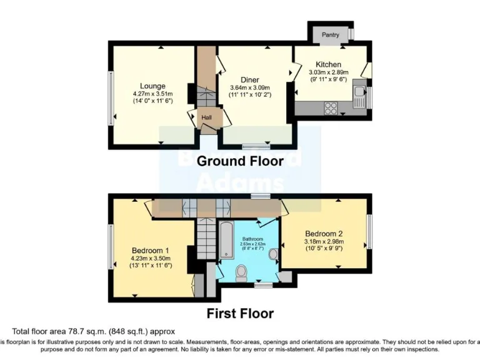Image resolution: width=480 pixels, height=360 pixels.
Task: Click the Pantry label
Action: (x=330, y=35)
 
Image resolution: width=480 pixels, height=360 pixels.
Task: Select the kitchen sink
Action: (x=359, y=96)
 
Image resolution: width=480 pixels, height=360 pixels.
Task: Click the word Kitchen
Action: (x=328, y=64)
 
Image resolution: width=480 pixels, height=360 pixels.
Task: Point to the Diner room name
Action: (x=250, y=79)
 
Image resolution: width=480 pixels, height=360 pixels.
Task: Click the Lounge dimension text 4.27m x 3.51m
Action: (x=152, y=93)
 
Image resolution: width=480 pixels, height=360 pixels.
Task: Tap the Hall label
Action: (x=206, y=117)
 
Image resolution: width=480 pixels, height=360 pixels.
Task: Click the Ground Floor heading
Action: (x=240, y=161)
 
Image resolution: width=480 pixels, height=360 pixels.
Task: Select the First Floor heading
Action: (x=240, y=313)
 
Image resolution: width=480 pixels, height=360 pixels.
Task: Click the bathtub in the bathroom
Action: (x=225, y=239)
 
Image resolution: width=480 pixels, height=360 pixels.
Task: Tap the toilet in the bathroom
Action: (x=241, y=272)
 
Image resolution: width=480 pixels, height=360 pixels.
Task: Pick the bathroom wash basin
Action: (x=272, y=254)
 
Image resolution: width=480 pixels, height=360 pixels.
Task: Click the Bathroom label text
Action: (x=252, y=239)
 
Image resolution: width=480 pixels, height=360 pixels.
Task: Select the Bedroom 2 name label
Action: (x=323, y=234)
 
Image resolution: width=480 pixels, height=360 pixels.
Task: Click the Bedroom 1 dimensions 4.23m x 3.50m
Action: (x=151, y=258)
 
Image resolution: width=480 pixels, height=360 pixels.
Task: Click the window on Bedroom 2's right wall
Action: (x=369, y=231)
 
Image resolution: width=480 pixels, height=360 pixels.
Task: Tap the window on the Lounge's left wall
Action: (x=112, y=96)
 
